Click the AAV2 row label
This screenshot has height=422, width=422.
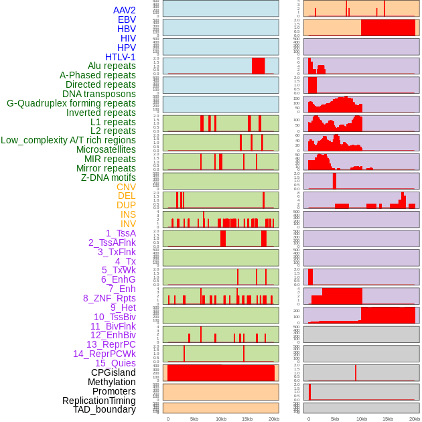click(124, 10)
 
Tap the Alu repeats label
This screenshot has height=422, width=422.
click(111, 66)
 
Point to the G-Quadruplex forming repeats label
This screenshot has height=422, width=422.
click(71, 103)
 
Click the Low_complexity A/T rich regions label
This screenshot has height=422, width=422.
click(68, 140)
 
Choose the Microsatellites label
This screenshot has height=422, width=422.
click(106, 149)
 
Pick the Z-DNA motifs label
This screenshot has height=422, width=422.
click(108, 178)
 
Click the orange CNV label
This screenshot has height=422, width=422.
click(126, 187)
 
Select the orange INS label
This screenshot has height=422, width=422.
click(128, 214)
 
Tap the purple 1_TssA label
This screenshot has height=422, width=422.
click(121, 233)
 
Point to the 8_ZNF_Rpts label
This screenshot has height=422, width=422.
click(109, 298)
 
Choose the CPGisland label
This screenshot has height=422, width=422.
click(113, 372)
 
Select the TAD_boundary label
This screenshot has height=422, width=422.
click(104, 409)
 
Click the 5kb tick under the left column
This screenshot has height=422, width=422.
click(194, 419)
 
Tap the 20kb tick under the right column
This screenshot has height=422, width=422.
click(414, 419)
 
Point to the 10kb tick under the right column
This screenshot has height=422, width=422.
click(362, 419)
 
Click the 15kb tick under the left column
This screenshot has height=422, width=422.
click(247, 419)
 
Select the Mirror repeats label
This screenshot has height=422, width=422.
click(107, 168)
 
